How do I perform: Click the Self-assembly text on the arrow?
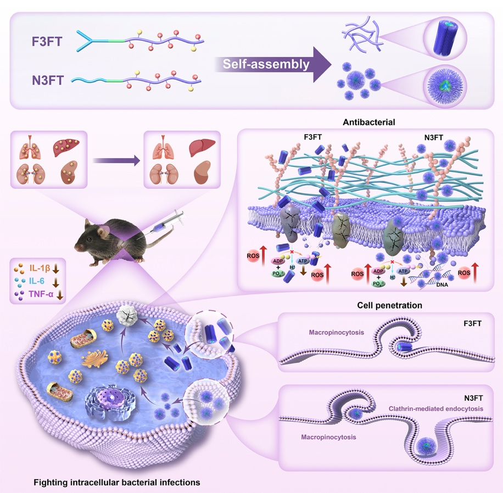[266, 64]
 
